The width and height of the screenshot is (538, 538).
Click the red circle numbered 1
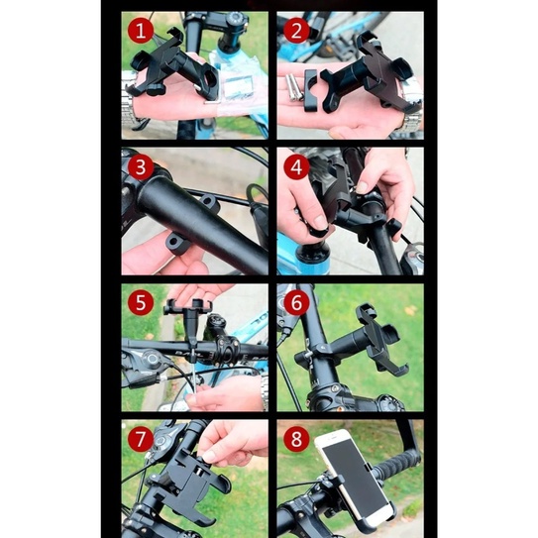[141, 31]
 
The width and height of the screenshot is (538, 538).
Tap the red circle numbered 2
[296, 31]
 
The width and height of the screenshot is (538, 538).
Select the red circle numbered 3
[141, 167]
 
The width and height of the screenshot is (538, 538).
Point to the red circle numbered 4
[296, 167]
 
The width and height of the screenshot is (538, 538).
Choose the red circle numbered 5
[141, 303]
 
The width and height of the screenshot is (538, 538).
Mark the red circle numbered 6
[296, 303]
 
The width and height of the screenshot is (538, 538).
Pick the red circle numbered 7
[141, 439]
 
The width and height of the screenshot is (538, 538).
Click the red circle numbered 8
[296, 439]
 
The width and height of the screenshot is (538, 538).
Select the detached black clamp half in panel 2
[311, 90]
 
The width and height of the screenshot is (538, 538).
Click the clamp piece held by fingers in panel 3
[177, 243]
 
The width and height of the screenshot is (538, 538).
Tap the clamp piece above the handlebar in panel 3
[210, 203]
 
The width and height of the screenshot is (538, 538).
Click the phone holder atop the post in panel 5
[188, 306]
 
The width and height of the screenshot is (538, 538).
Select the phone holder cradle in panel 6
[380, 338]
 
